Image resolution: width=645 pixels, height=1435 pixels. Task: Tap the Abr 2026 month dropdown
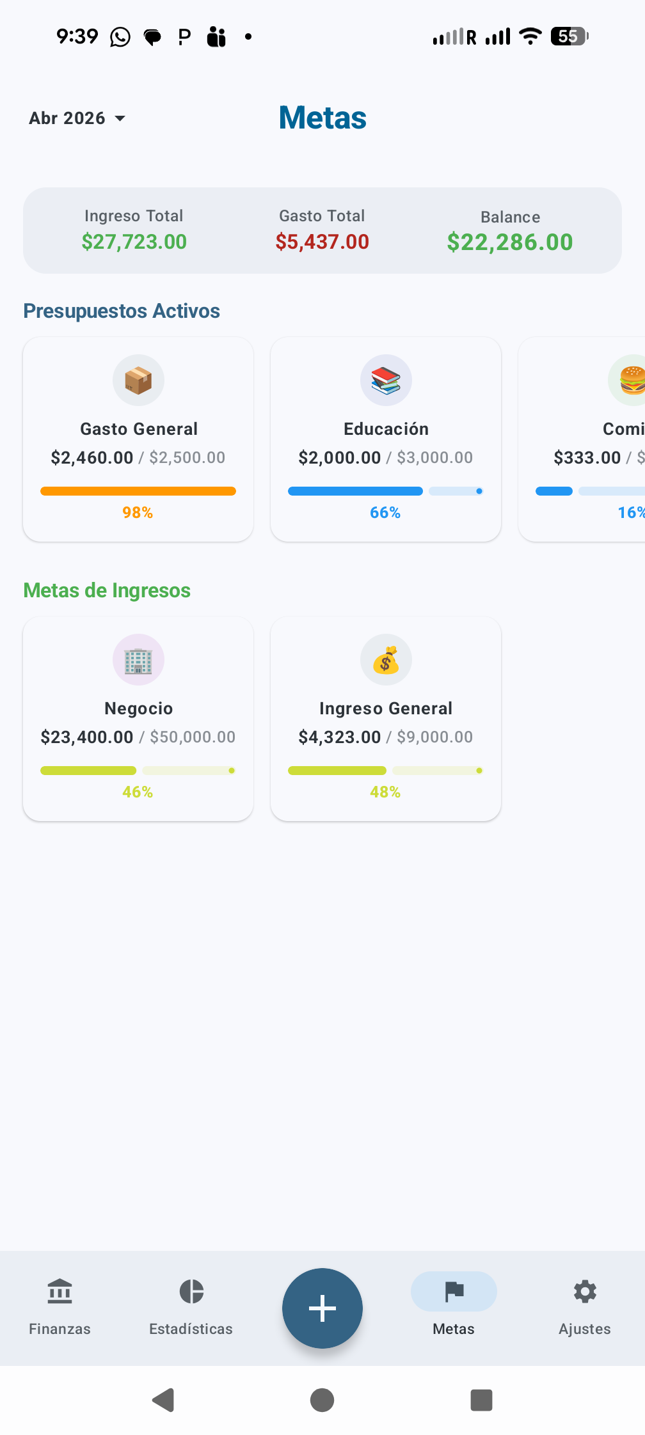77,118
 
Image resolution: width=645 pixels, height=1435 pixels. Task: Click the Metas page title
322,118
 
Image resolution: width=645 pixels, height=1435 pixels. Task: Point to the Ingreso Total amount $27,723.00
134,242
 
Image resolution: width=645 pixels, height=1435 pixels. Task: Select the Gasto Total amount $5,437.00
322,242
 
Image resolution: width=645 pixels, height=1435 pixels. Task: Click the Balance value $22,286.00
510,242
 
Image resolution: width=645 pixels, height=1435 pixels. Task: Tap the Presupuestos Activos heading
122,311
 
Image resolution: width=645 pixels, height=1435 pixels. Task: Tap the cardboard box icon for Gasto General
138,380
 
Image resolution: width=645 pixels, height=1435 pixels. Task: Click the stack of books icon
386,380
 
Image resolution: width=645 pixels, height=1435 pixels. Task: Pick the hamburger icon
632,380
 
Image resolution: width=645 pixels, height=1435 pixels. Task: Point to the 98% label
138,513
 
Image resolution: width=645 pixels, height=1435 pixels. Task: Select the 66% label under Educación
385,513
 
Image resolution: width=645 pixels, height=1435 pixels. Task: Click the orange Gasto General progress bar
138,491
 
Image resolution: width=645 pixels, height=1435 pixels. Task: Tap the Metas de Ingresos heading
107,590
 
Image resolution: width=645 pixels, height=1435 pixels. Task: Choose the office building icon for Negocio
138,660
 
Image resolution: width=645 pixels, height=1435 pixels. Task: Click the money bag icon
386,660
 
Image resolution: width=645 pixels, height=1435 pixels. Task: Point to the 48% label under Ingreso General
385,792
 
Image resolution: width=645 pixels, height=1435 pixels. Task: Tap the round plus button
322,1308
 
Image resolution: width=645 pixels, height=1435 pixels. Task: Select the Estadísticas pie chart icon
191,1291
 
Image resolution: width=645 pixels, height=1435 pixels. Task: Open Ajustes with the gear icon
585,1292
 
